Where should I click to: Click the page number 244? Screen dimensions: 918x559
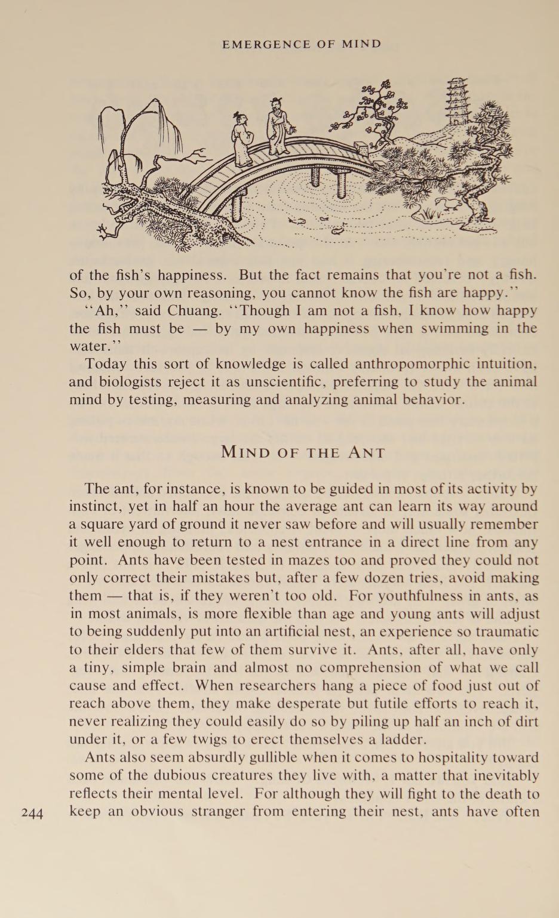point(32,812)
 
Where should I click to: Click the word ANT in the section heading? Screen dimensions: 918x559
point(367,452)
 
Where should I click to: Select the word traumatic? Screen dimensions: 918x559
point(505,631)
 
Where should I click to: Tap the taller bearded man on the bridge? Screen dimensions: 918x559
point(279,125)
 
